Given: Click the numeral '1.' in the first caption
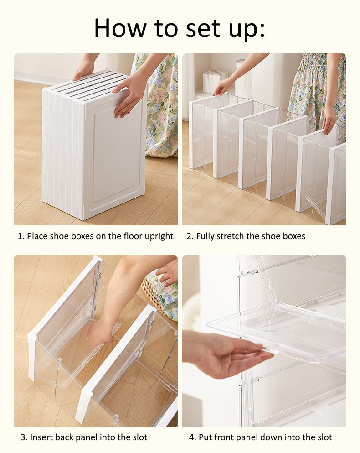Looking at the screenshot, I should (21, 236).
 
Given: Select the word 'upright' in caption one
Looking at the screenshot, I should (158, 236).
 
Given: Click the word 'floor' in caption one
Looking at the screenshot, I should (128, 236).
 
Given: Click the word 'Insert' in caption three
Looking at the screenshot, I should (41, 437).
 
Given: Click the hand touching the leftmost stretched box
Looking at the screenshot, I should (223, 86).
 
